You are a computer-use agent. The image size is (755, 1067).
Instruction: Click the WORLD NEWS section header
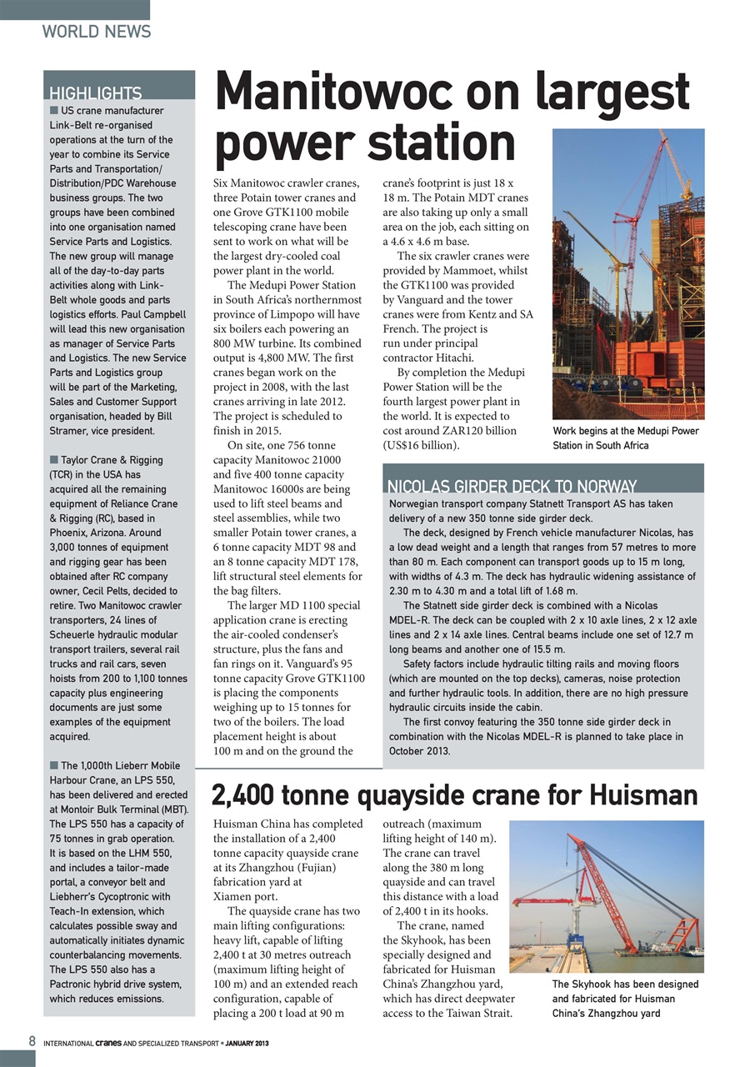coord(97,32)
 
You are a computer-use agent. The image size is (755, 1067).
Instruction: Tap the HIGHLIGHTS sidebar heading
coord(96,93)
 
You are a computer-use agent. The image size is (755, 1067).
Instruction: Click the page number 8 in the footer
coord(32,1041)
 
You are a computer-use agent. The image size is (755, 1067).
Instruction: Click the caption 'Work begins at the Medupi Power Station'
coord(625,438)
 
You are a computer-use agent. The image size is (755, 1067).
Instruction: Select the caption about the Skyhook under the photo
coord(625,999)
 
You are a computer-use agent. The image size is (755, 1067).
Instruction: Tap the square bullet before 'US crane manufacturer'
coord(53,110)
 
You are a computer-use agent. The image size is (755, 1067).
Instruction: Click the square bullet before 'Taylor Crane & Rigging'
coord(53,459)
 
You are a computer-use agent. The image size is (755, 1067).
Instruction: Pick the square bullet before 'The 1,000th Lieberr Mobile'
coord(53,765)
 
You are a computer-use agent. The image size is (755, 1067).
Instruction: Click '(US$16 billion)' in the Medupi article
coord(421,444)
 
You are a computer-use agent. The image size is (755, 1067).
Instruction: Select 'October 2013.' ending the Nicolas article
coord(420,751)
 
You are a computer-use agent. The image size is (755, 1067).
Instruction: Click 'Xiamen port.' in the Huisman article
coord(246,896)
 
